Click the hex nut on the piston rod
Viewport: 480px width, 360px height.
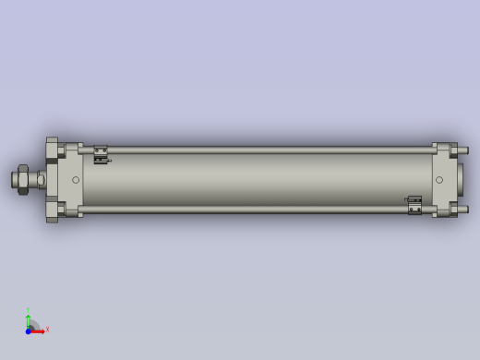pos(23,178)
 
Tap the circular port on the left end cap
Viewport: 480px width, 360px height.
pos(76,180)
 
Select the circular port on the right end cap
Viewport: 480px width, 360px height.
pos(439,180)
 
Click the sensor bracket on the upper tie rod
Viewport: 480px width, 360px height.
pos(101,154)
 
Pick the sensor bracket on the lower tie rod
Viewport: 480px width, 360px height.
pos(414,206)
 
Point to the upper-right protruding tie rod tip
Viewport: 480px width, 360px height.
pos(462,150)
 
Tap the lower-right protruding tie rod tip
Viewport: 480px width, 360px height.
pos(462,210)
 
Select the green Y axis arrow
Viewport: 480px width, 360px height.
pos(28,319)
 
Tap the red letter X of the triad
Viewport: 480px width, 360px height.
pos(47,329)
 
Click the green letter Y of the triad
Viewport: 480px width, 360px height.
pos(28,311)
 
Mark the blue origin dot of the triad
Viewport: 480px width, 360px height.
pos(29,330)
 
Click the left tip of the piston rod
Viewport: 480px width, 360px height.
pos(13,179)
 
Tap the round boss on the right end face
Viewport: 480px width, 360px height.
pos(460,180)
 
